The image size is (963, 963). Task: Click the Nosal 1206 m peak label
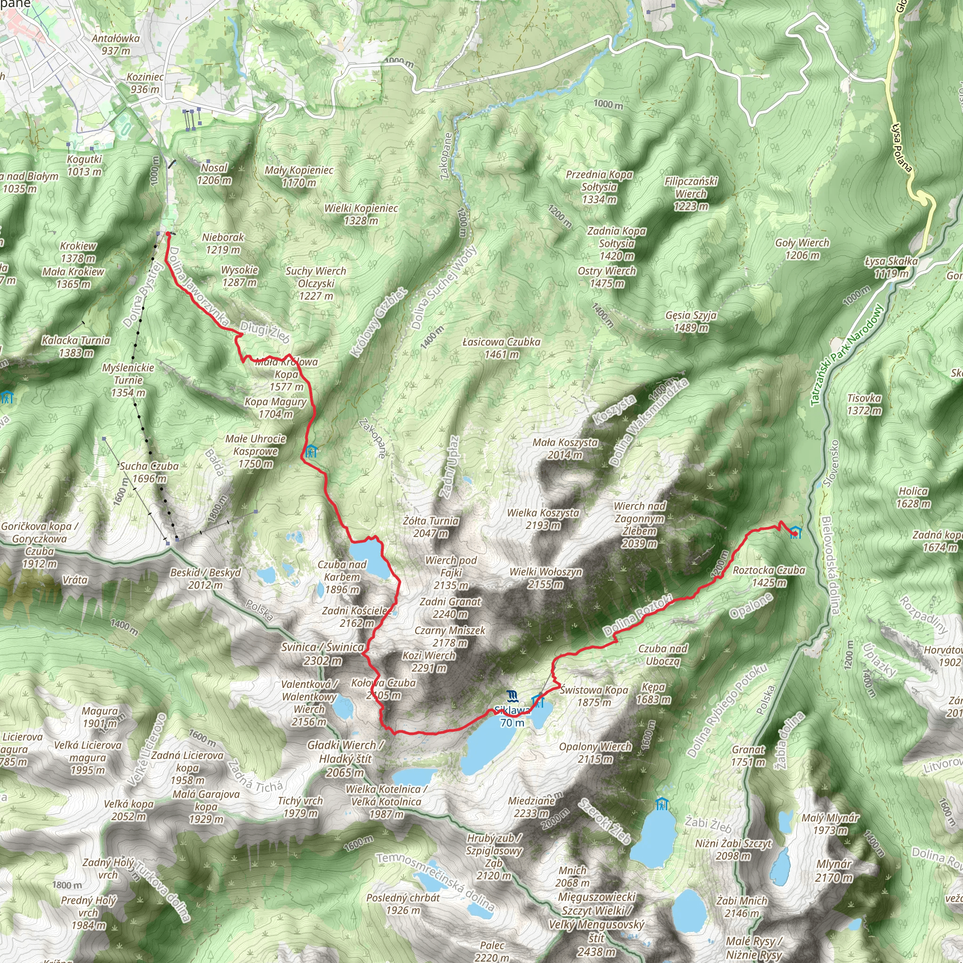(214, 174)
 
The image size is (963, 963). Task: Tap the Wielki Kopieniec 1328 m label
(361, 214)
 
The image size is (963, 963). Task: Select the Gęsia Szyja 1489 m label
(691, 322)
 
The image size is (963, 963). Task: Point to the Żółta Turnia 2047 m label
(431, 527)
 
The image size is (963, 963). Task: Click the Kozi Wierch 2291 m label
(429, 662)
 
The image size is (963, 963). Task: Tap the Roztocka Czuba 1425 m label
(769, 576)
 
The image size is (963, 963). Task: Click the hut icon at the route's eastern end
(796, 532)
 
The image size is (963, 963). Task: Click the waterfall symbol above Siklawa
(512, 696)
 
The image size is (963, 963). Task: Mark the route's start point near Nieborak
(168, 233)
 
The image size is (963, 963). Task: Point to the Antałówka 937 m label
(116, 44)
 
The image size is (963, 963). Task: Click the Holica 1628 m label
(913, 497)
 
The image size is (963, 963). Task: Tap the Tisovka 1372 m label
(864, 404)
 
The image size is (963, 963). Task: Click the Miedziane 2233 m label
(531, 807)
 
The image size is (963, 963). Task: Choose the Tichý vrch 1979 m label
(300, 807)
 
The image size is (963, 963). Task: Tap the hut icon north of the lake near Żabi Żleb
(661, 804)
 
